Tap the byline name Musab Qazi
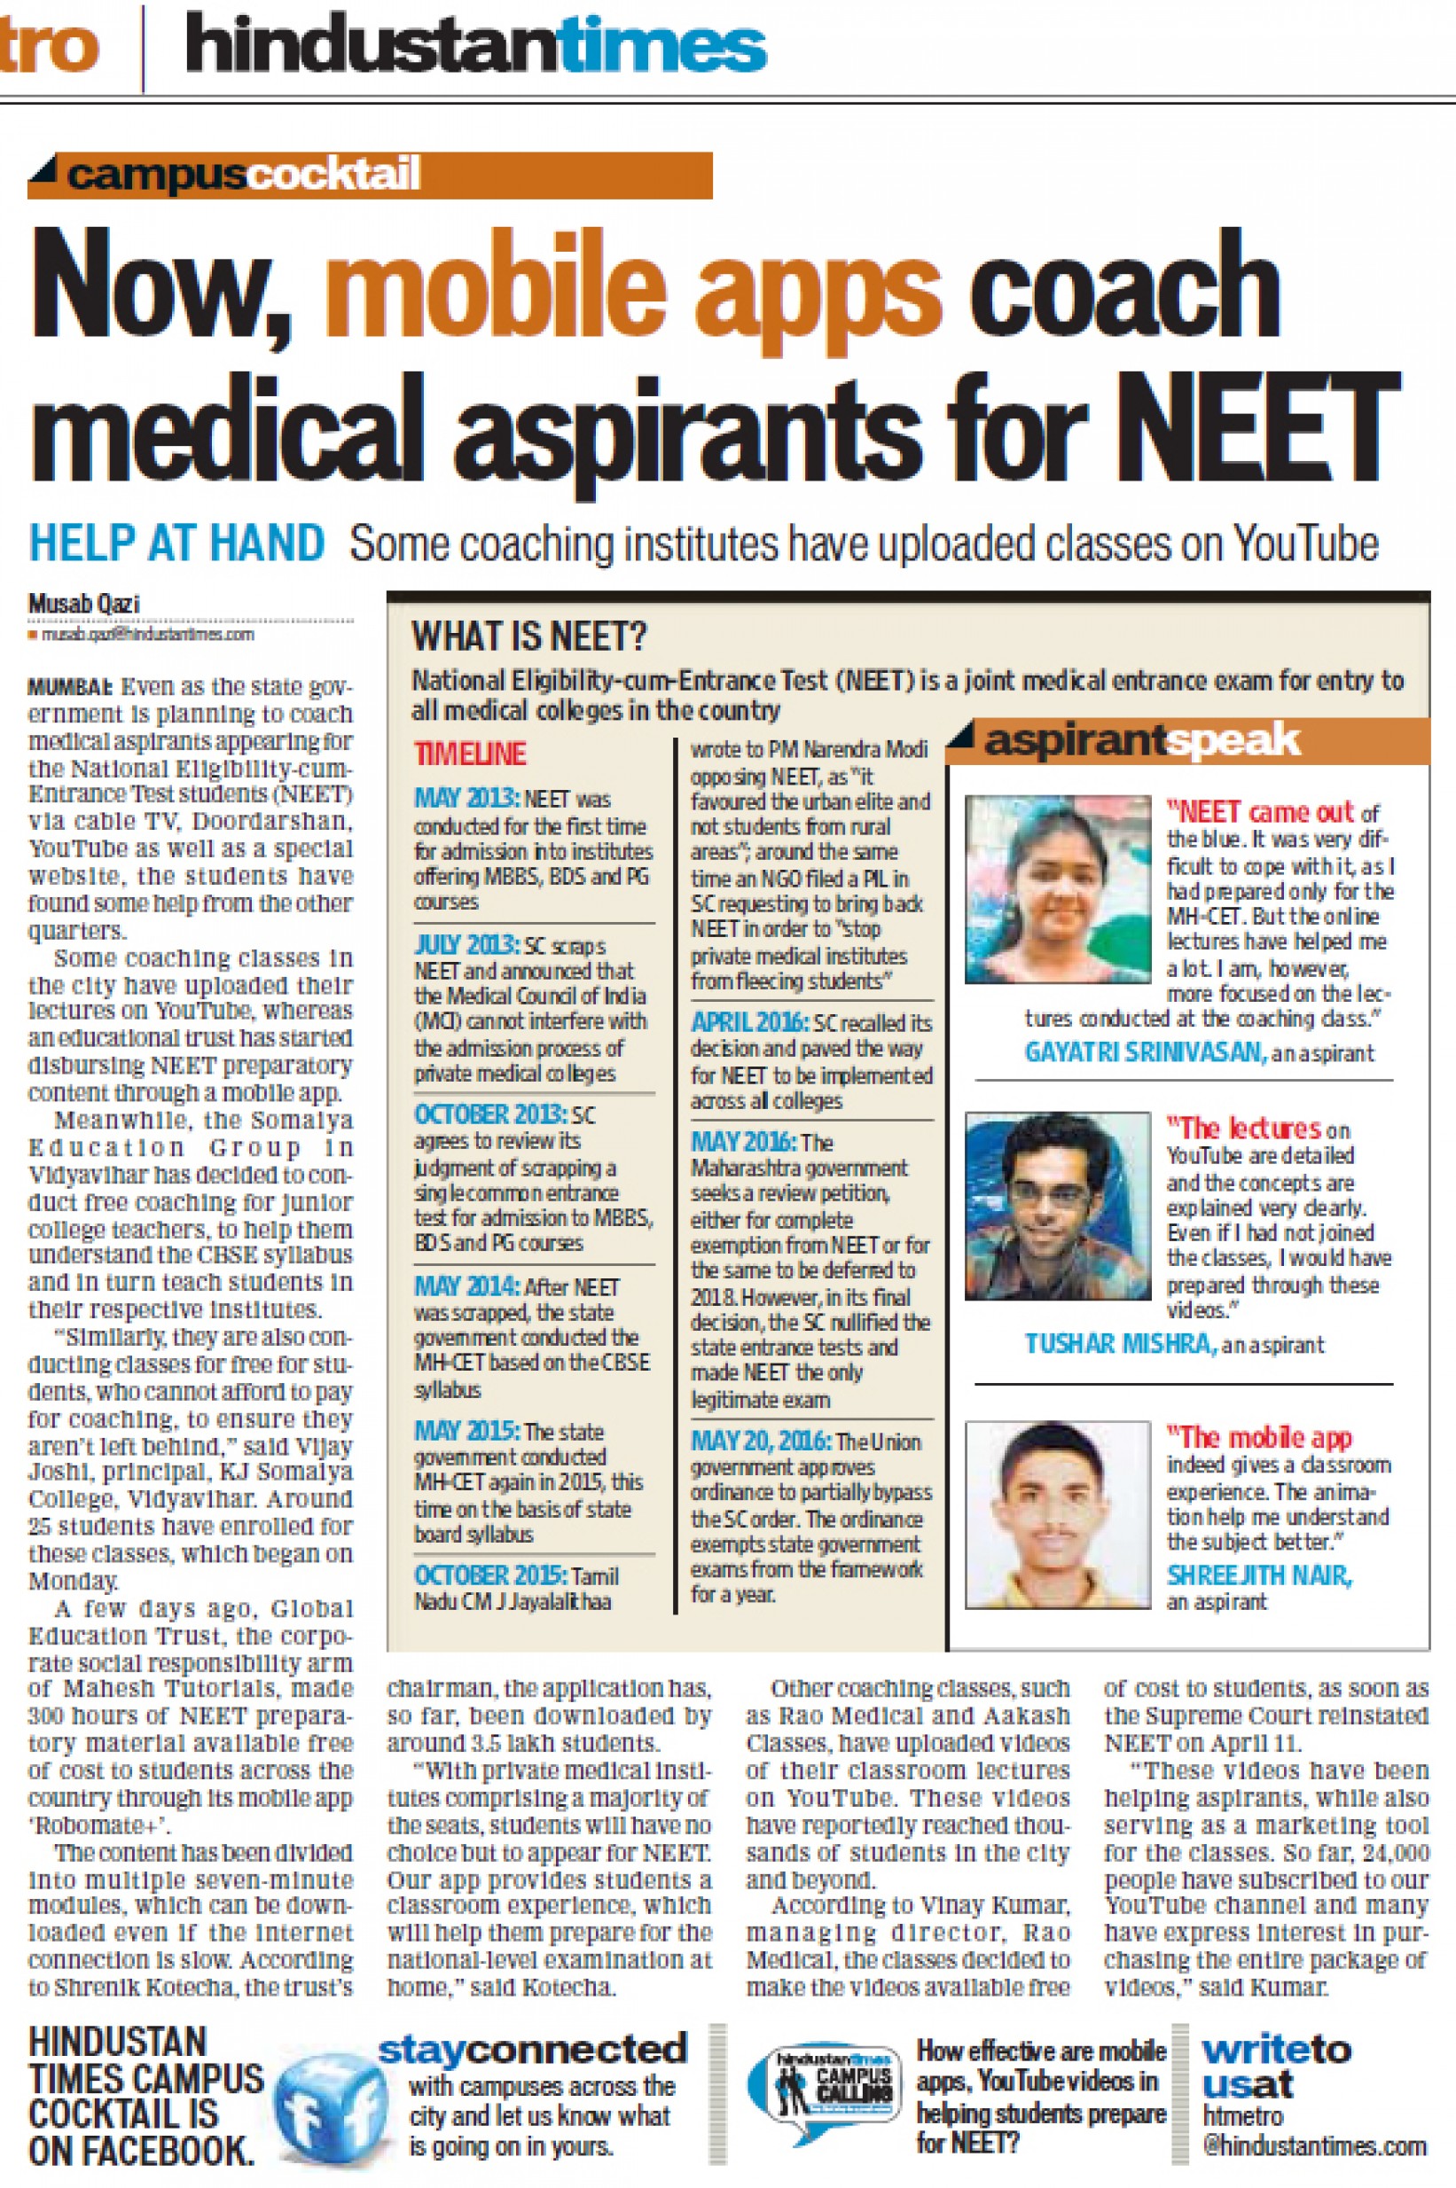pyautogui.click(x=83, y=604)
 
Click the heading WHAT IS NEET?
pyautogui.click(x=529, y=637)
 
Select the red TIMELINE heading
pyautogui.click(x=470, y=753)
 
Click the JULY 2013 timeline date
pyautogui.click(x=466, y=945)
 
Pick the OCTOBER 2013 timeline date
pyautogui.click(x=490, y=1114)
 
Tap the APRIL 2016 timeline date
pyautogui.click(x=748, y=1022)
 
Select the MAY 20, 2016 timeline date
pyautogui.click(x=760, y=1441)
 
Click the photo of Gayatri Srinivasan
pyautogui.click(x=1057, y=888)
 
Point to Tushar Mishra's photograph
pyautogui.click(x=1057, y=1205)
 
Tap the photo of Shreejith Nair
pyautogui.click(x=1057, y=1515)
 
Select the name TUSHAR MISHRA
pyautogui.click(x=1120, y=1343)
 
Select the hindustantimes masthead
pyautogui.click(x=475, y=46)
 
